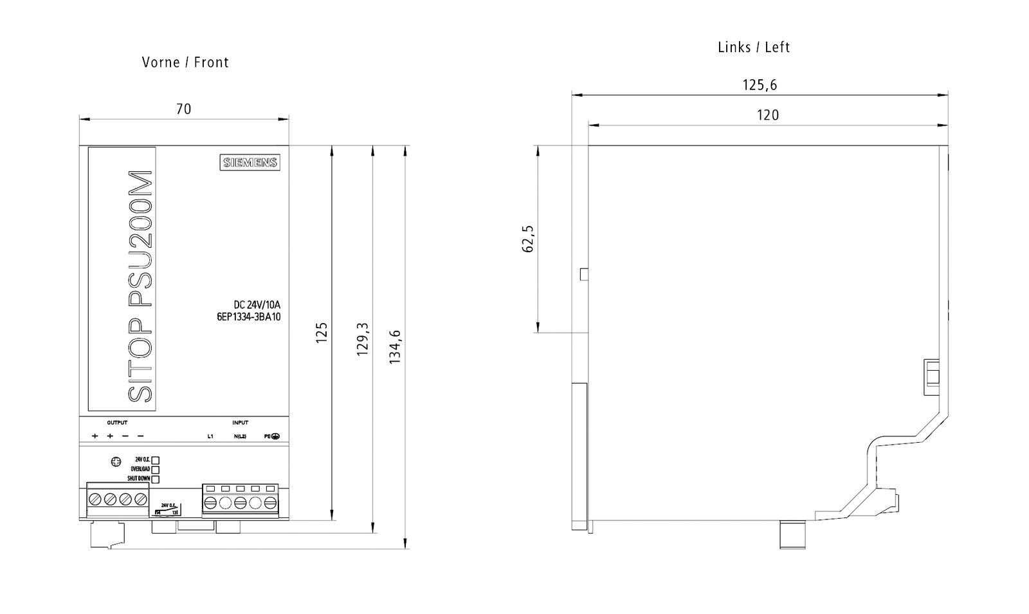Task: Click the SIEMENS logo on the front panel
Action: click(251, 163)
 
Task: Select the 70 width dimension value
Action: click(184, 109)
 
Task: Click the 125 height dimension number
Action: click(322, 332)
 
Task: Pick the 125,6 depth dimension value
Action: click(760, 85)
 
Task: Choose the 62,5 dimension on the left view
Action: click(529, 238)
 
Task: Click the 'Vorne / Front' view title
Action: click(185, 62)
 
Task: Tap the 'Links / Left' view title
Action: click(754, 47)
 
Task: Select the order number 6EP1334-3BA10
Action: click(248, 317)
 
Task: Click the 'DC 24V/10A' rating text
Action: click(257, 304)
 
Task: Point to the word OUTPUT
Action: click(117, 423)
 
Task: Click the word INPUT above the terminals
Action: click(241, 423)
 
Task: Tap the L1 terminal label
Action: click(210, 437)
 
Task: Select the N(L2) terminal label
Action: click(240, 437)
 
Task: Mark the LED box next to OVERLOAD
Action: click(155, 469)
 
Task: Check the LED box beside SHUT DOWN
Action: click(155, 479)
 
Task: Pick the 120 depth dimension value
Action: click(768, 115)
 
